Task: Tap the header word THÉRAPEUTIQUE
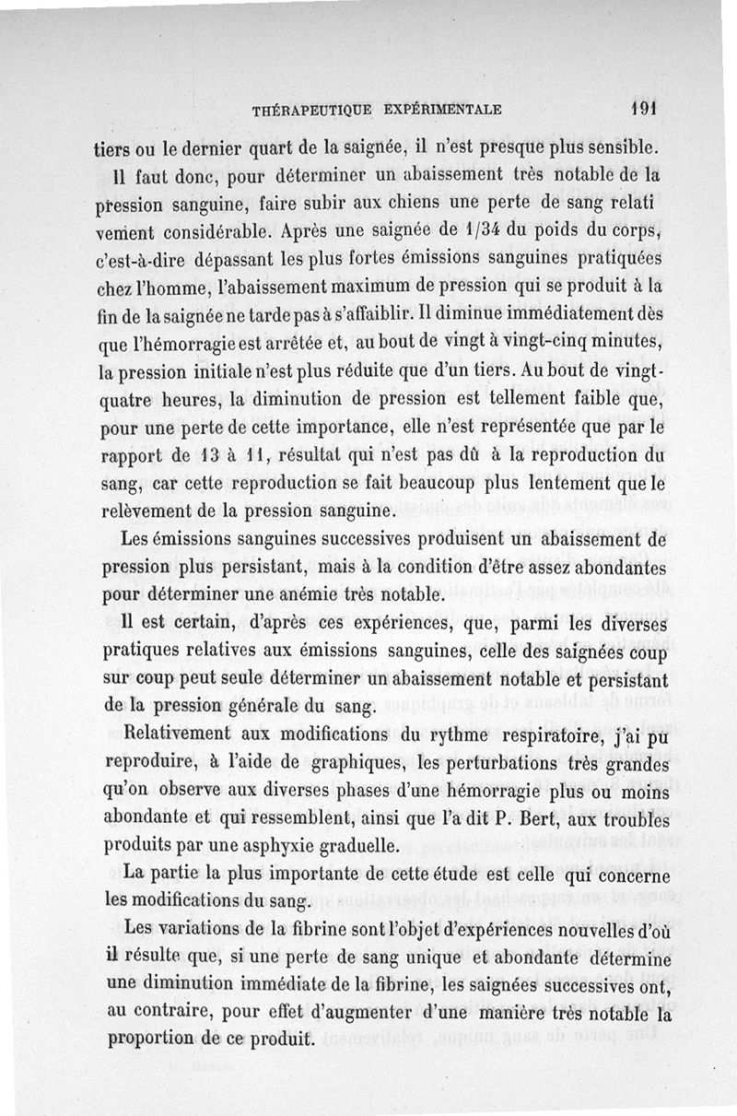click(x=310, y=110)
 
